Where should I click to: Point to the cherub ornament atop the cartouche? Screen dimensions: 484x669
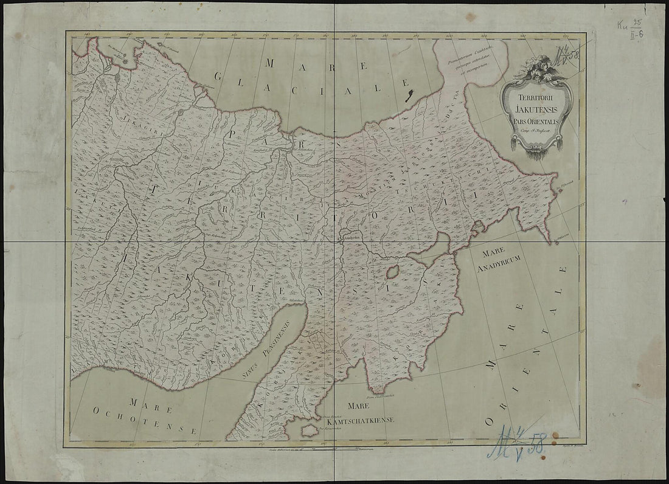[x=538, y=68]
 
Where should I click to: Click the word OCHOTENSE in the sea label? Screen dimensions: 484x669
[x=145, y=420]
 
